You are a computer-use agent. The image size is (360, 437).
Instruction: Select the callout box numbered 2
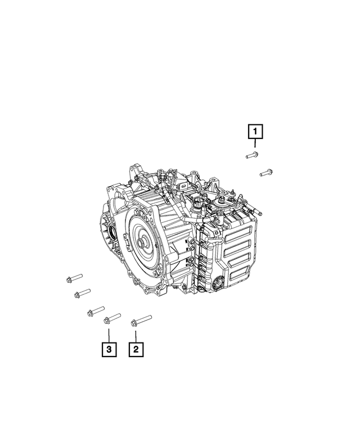click(136, 349)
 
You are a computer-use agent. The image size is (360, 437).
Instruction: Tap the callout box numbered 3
click(108, 349)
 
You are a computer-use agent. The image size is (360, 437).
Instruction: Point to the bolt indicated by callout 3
click(112, 318)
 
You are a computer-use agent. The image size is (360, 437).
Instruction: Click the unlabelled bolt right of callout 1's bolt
click(267, 172)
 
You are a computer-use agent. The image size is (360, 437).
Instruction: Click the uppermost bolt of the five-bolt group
click(74, 277)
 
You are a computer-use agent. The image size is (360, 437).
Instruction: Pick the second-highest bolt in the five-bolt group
click(82, 292)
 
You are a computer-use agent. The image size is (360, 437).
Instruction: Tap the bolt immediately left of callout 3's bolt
click(96, 310)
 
